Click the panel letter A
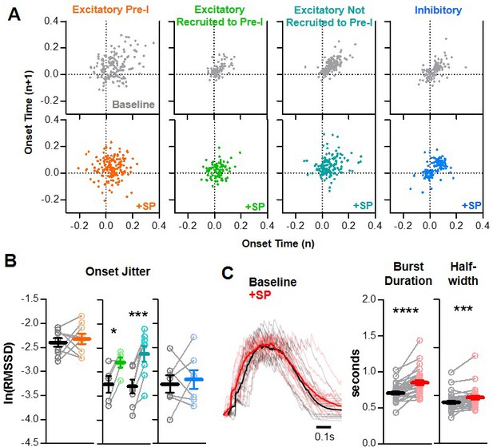tap(14, 14)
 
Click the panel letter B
tap(10, 260)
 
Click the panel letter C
tap(228, 273)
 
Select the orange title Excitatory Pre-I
tap(111, 10)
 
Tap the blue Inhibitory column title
tap(438, 10)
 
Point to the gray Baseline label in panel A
tap(133, 105)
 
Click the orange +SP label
tap(146, 206)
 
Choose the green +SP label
tap(255, 206)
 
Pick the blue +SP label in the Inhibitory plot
tap(471, 205)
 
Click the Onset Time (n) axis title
tap(278, 243)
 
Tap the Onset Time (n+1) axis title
tap(28, 116)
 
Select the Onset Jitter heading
tap(118, 271)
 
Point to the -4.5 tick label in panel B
tap(30, 443)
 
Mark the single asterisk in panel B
tap(113, 331)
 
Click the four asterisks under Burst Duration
tap(406, 311)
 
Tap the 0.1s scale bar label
tap(324, 437)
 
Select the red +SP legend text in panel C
tap(260, 295)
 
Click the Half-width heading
tap(463, 273)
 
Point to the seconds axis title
tap(356, 373)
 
